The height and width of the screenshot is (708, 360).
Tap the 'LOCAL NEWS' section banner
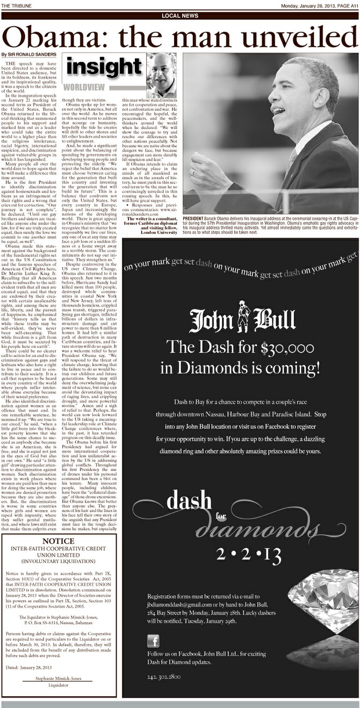[x=179, y=16]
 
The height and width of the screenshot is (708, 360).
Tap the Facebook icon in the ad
[x=153, y=641]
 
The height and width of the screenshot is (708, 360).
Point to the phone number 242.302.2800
[x=164, y=676]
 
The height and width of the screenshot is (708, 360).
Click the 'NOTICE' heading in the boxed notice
[x=61, y=541]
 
